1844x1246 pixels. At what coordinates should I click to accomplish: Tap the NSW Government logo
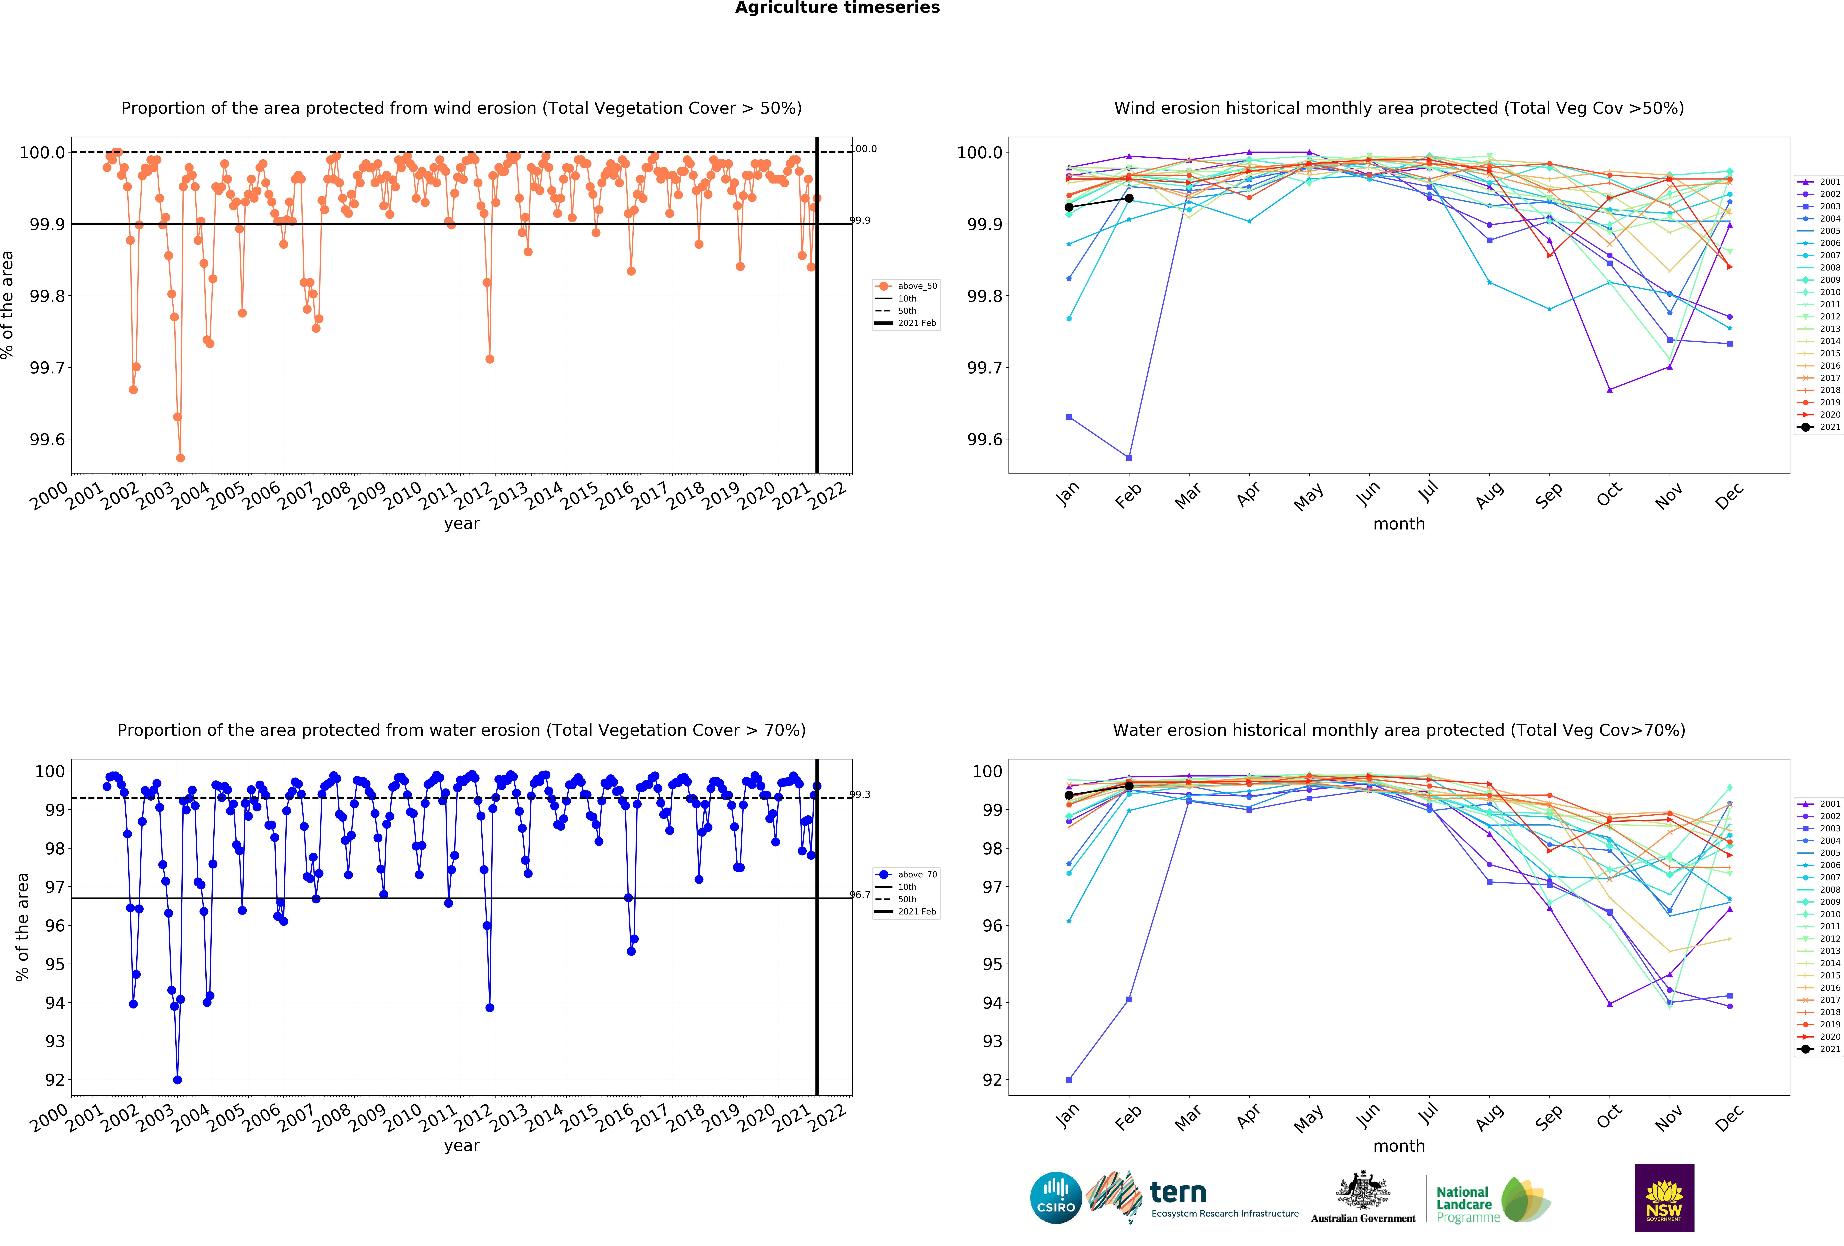[1664, 1198]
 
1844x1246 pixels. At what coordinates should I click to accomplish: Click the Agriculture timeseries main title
[837, 8]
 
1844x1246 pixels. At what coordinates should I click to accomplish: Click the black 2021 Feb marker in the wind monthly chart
[1129, 198]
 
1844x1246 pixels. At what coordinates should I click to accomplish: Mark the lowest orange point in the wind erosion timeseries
[180, 458]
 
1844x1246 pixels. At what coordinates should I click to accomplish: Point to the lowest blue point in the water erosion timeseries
[177, 1079]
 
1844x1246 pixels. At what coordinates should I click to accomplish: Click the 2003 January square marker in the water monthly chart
[1069, 1079]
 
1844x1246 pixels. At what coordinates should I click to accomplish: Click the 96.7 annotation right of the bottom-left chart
[860, 895]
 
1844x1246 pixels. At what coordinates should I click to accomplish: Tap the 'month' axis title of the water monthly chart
[1399, 1146]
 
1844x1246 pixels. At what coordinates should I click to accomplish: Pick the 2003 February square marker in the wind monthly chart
[1129, 458]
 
